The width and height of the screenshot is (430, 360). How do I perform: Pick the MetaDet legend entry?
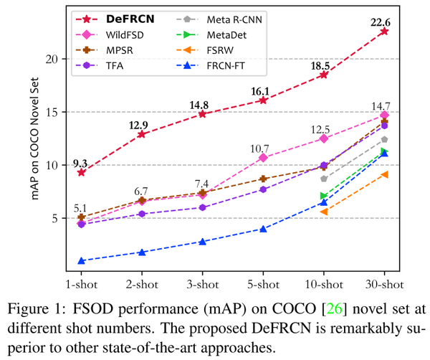tap(216, 34)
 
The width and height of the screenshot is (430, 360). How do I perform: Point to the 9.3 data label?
tap(81, 159)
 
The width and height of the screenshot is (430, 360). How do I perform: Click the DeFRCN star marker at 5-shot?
tap(263, 100)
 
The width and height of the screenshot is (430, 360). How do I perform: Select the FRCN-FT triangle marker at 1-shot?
tap(81, 261)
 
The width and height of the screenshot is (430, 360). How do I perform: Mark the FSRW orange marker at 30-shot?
tap(384, 174)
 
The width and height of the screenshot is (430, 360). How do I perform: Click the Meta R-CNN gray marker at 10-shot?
tap(324, 179)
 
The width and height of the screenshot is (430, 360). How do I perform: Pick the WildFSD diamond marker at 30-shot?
tap(384, 115)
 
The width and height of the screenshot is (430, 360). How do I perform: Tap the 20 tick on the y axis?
tap(49, 59)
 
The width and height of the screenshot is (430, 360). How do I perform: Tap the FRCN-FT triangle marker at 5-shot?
tap(263, 229)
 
